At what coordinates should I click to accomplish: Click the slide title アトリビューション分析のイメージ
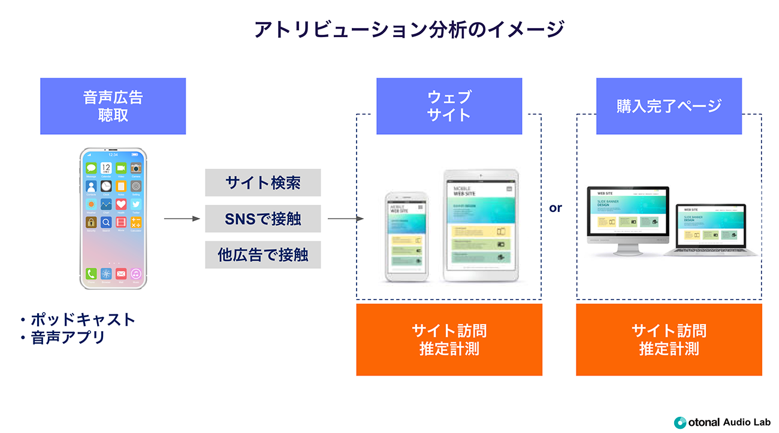(389, 29)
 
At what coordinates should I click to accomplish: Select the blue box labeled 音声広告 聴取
(113, 106)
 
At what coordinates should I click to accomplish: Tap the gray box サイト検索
(263, 183)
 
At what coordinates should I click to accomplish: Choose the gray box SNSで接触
(263, 219)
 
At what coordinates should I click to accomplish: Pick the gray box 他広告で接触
(263, 255)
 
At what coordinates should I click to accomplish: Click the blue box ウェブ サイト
(449, 106)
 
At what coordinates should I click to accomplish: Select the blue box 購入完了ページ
(669, 106)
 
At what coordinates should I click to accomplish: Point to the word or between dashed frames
(555, 208)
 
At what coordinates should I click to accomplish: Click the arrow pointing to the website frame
(346, 219)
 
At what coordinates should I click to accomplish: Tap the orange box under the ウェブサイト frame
(449, 340)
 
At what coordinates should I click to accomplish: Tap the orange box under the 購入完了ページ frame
(669, 340)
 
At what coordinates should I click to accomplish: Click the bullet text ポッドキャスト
(83, 319)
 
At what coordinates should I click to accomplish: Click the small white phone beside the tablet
(406, 236)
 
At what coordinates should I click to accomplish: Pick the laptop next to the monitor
(711, 231)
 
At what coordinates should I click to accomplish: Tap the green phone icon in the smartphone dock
(91, 274)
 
